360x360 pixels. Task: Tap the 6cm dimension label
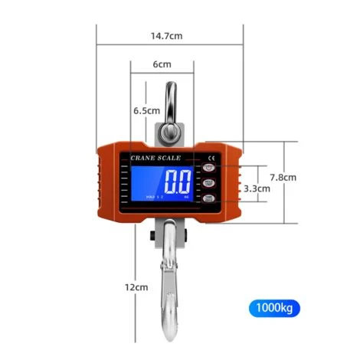162,64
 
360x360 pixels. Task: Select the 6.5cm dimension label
146,110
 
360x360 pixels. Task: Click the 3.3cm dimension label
257,188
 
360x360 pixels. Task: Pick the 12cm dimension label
136,287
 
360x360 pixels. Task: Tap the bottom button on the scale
209,199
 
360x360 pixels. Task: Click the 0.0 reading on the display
177,183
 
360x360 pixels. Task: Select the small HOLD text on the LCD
149,198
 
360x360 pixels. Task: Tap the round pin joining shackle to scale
169,130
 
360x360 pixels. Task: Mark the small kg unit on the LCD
185,198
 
